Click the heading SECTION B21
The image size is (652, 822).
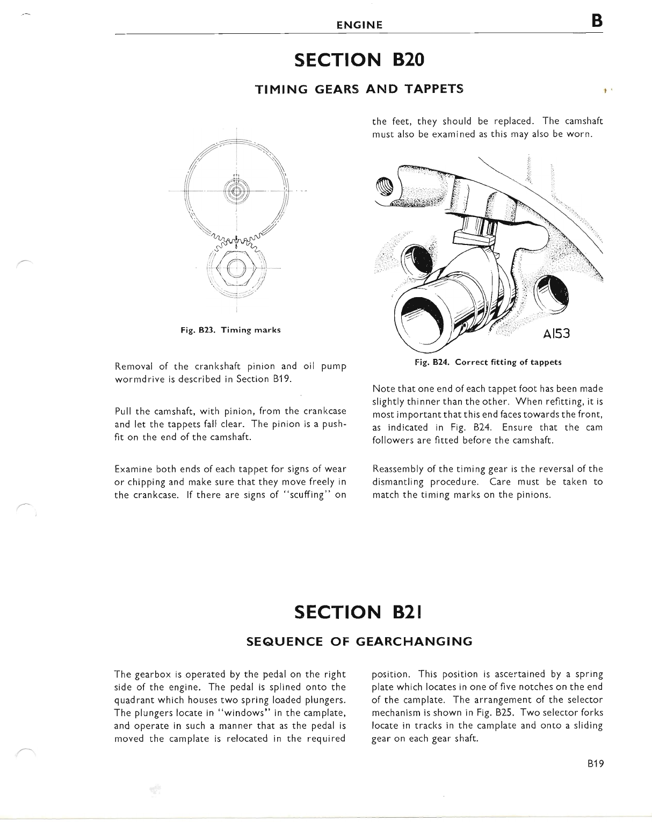click(x=359, y=612)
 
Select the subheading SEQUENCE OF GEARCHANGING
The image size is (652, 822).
click(x=359, y=641)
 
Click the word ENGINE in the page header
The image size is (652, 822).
click(x=359, y=25)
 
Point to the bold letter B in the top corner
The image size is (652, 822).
click(x=597, y=21)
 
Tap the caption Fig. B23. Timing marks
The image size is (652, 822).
click(x=230, y=330)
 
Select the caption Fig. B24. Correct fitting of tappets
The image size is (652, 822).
click(x=488, y=362)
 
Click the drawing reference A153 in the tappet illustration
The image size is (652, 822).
click(x=555, y=334)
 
